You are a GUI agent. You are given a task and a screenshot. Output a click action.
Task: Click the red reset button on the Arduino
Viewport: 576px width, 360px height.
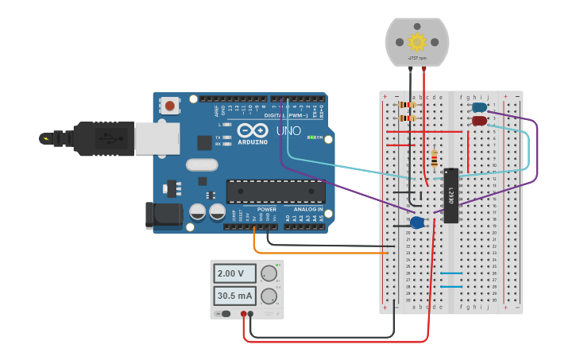click(170, 104)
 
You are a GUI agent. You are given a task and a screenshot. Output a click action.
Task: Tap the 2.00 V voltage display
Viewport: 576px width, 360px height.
click(234, 273)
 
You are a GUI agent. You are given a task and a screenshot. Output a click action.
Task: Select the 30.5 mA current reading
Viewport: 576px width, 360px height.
click(234, 296)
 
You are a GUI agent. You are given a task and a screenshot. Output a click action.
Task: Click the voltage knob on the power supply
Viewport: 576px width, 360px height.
click(269, 274)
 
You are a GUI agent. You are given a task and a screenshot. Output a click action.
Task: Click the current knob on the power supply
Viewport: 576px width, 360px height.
click(269, 296)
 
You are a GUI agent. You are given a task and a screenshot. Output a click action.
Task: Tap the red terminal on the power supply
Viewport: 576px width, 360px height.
click(244, 314)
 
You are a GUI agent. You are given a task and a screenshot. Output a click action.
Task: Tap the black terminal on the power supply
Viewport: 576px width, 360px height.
click(251, 314)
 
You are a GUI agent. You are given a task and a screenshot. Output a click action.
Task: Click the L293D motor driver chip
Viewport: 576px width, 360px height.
click(450, 195)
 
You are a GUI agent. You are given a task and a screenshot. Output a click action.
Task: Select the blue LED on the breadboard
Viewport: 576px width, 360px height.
click(479, 107)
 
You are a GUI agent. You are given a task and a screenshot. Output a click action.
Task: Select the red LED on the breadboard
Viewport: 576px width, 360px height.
click(479, 121)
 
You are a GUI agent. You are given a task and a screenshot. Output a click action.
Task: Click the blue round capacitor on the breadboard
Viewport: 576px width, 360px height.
click(417, 223)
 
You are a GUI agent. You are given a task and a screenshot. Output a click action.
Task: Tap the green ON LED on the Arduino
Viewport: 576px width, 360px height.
click(311, 137)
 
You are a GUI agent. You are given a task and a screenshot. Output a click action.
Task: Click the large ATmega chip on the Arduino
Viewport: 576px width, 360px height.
click(276, 191)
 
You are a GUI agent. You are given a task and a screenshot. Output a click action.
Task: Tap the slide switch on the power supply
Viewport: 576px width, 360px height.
click(225, 314)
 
